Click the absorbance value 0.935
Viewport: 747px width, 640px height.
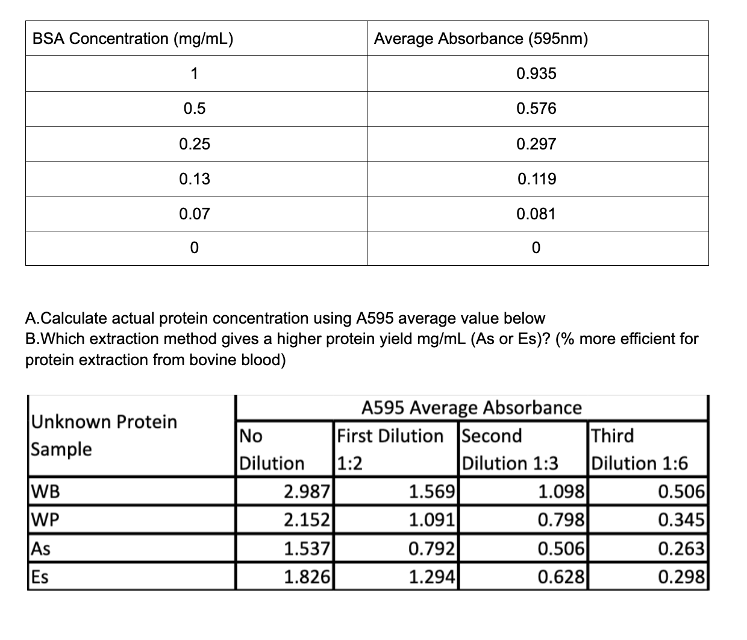536,74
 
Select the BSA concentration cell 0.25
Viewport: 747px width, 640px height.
195,144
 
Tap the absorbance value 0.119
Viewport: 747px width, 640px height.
536,179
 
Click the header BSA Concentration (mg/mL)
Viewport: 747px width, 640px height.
133,39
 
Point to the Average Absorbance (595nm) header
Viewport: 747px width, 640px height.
481,39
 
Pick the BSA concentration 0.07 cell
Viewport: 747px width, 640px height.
195,214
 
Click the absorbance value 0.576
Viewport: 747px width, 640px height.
536,109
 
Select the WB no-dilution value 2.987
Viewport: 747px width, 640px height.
307,492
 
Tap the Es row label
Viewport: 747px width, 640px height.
40,577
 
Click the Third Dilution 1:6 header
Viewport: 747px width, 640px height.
639,450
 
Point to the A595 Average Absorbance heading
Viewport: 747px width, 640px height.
472,408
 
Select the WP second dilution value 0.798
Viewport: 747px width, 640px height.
561,519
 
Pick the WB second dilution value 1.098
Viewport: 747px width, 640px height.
561,492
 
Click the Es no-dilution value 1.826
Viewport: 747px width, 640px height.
307,577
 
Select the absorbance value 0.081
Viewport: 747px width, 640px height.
536,214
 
